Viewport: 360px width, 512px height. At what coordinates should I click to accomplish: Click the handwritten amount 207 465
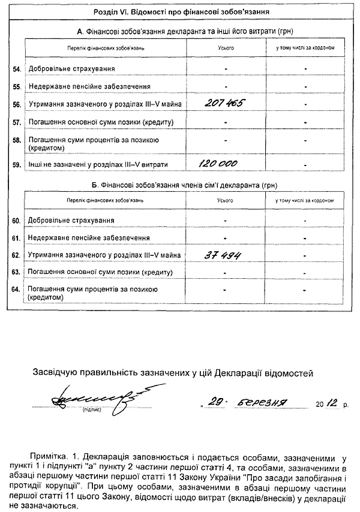coord(224,104)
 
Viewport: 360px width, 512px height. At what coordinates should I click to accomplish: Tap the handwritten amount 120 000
coord(218,163)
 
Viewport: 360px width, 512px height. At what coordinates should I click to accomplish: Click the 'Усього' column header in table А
coord(226,46)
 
